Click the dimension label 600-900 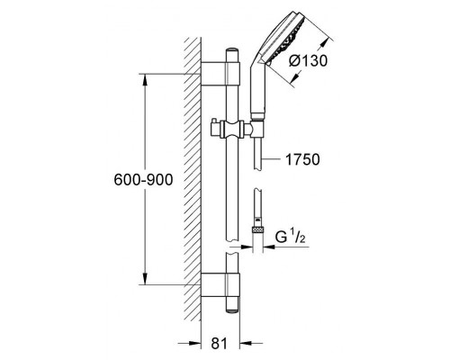[143, 180]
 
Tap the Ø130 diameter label [308, 61]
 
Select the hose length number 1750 [302, 159]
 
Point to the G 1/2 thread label [291, 237]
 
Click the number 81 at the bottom [220, 343]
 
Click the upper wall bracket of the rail [220, 74]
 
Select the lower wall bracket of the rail [220, 285]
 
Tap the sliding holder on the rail [232, 130]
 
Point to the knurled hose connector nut [257, 230]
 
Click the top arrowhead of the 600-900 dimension [145, 79]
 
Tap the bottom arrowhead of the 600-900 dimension [145, 278]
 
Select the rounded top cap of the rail [232, 51]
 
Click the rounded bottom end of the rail [232, 309]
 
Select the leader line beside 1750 [271, 159]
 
